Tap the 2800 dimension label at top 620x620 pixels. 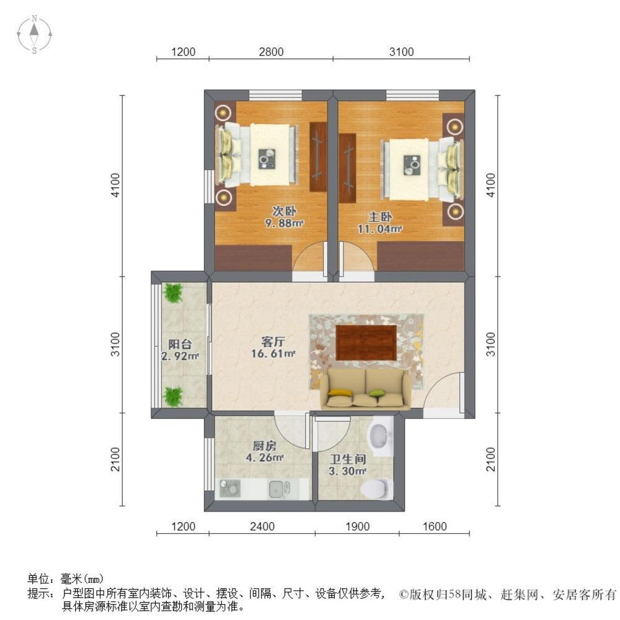coord(271,52)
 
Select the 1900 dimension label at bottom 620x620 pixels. coord(357,527)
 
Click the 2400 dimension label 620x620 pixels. coord(262,527)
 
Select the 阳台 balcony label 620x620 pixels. coord(180,345)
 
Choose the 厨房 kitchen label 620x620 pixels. coord(264,446)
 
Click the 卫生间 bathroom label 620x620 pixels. coord(347,460)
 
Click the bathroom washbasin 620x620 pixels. coord(379,436)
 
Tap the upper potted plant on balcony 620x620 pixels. coord(172,293)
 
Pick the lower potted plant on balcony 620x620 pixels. coord(173,394)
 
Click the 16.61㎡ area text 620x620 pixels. coord(273,354)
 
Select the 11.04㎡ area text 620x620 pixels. coord(380,229)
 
